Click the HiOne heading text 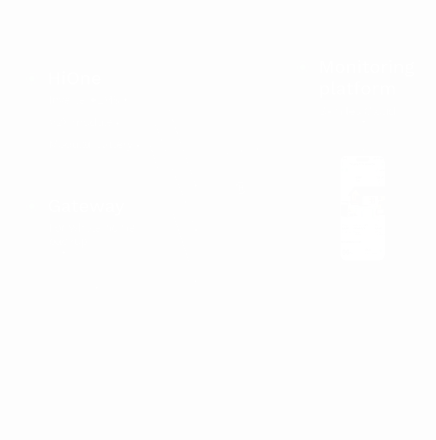(75, 79)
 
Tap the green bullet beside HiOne (32, 79)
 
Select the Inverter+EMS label (84, 100)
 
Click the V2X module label (81, 123)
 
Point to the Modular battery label (91, 145)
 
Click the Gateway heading (86, 206)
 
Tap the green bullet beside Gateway (32, 206)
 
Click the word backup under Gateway (68, 241)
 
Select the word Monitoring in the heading (367, 67)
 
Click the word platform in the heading (357, 89)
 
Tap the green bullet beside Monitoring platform (303, 67)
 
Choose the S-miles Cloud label (357, 111)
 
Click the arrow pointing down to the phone (363, 137)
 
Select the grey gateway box (138, 307)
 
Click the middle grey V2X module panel (240, 231)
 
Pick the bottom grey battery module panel (240, 295)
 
